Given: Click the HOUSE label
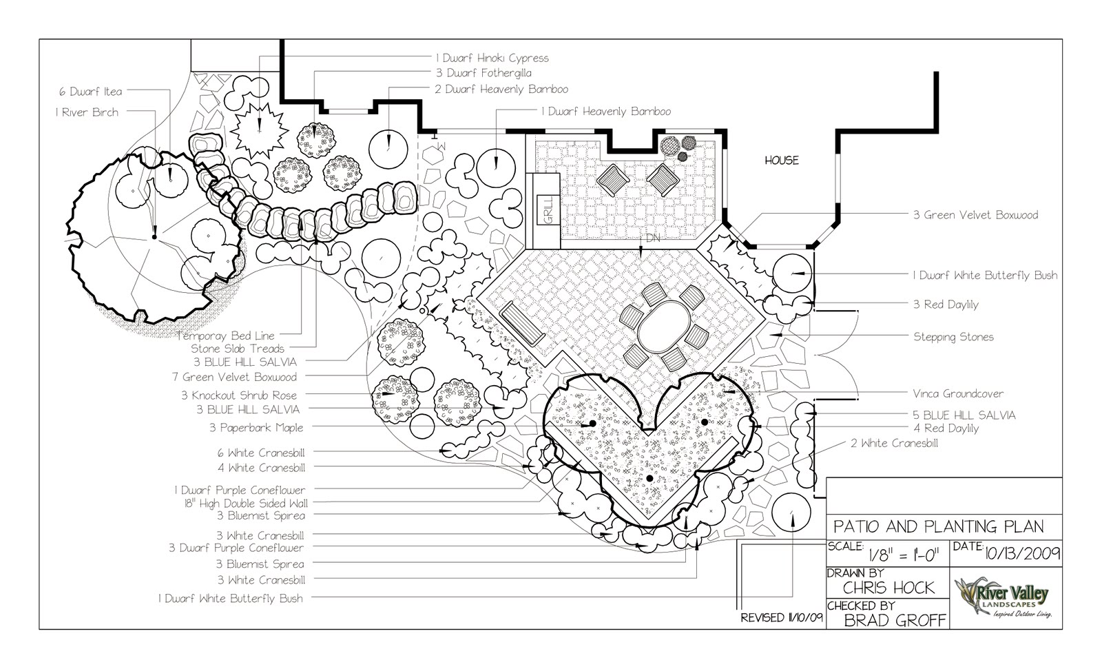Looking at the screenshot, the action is click(x=782, y=161).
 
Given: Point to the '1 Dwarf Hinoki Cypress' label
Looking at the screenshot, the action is click(x=491, y=58).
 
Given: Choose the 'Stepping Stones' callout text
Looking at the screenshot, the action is click(x=953, y=337).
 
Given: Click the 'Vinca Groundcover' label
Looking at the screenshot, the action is click(x=958, y=394).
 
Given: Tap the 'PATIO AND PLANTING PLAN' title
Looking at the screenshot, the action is click(x=938, y=527).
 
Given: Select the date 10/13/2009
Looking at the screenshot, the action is click(x=1022, y=553).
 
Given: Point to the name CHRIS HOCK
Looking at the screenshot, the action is click(x=889, y=588).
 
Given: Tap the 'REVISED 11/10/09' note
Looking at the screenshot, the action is click(x=782, y=618).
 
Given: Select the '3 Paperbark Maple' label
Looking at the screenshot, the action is click(x=256, y=428).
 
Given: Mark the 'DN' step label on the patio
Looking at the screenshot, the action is click(x=652, y=238).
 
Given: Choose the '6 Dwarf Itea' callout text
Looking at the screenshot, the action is click(x=90, y=92).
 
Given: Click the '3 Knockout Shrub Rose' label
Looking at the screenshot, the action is click(x=239, y=395).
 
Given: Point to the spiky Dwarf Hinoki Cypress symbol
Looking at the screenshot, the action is click(x=259, y=131).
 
